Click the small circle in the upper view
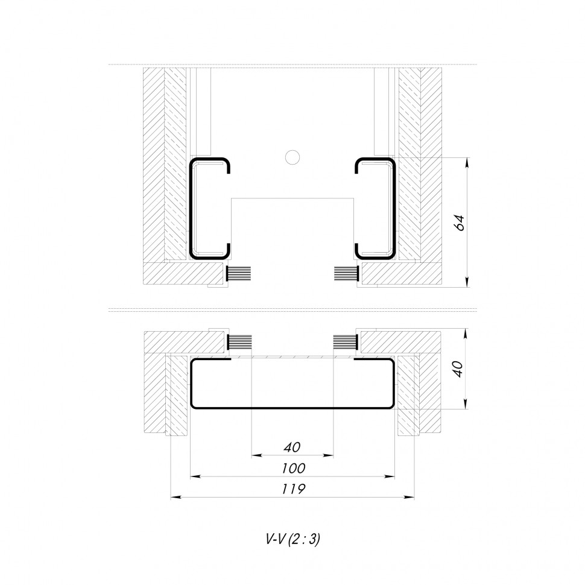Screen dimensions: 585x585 [292, 157]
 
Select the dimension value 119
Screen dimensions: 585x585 [292, 489]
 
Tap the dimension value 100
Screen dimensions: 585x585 [292, 468]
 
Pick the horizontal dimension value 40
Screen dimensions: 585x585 [292, 447]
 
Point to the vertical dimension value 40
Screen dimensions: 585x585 [458, 368]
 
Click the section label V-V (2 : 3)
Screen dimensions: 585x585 [292, 540]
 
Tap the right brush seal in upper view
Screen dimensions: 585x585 [347, 274]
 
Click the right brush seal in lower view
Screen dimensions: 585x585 [347, 343]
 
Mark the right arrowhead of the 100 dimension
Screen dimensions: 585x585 [391, 476]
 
